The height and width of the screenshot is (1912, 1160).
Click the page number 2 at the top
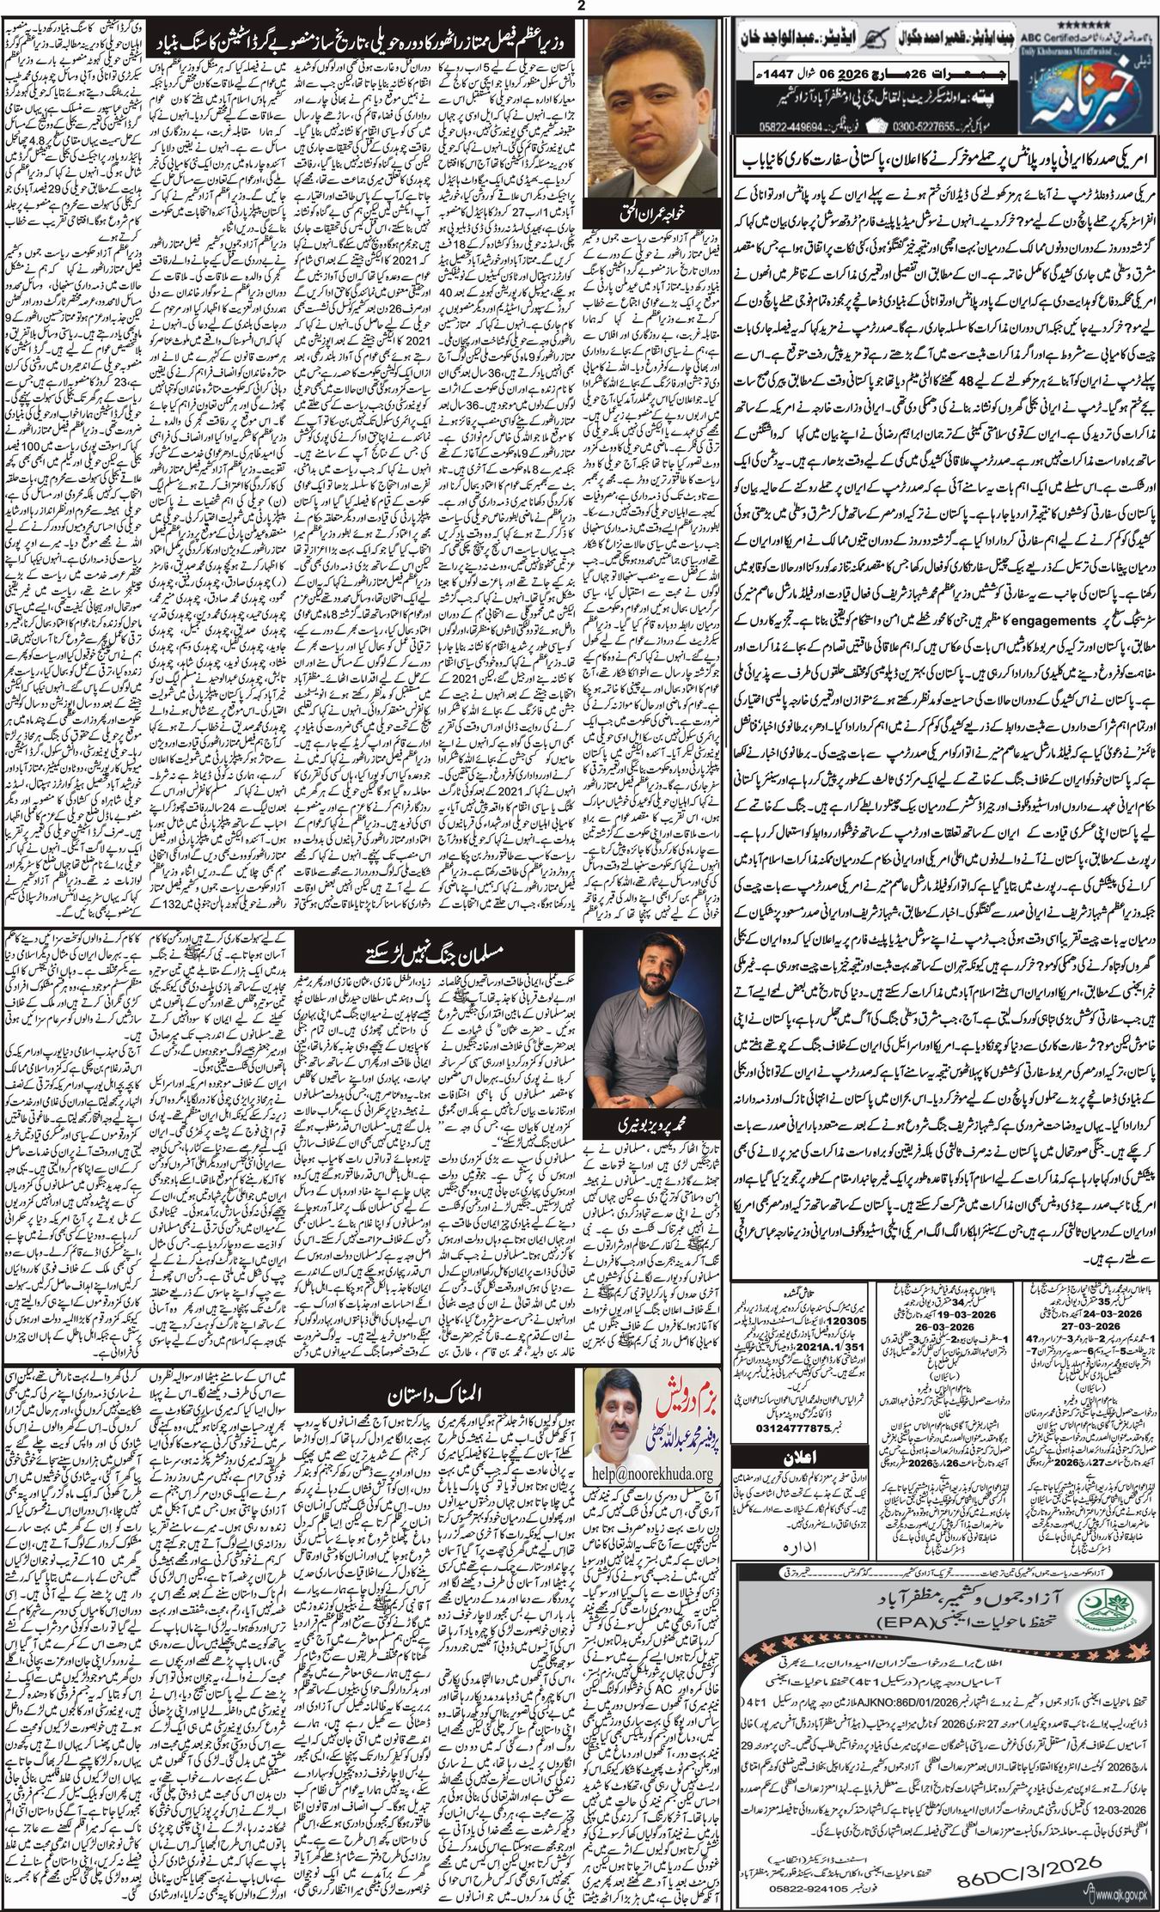click(x=580, y=8)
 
